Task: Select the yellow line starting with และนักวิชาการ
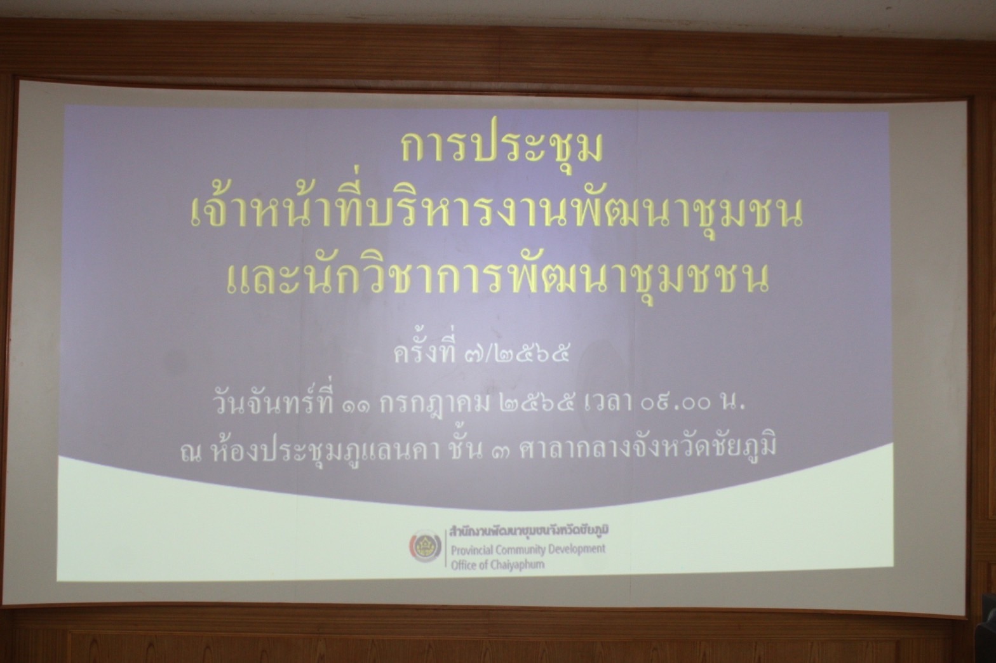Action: pos(497,279)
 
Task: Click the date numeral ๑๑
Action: pos(357,405)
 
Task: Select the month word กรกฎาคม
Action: pos(434,405)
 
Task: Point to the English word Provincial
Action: pos(471,551)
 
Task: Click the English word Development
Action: pos(577,549)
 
